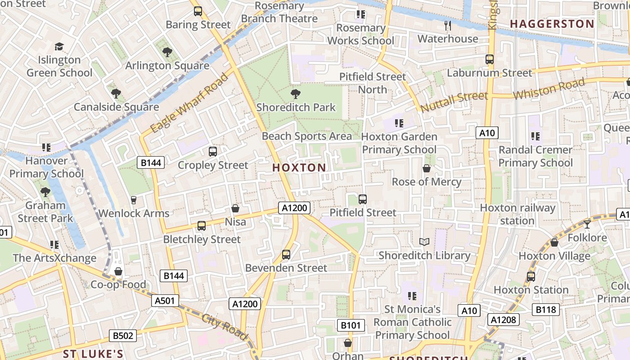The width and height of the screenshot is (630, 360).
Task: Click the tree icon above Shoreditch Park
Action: pyautogui.click(x=296, y=94)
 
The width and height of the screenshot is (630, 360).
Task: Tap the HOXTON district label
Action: pyautogui.click(x=299, y=168)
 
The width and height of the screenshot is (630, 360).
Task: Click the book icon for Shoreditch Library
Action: pyautogui.click(x=424, y=242)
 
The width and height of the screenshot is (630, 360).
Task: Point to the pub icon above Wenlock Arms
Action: pyautogui.click(x=133, y=200)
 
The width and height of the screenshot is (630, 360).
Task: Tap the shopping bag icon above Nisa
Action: pyautogui.click(x=235, y=208)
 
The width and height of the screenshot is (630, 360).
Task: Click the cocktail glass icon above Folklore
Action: pyautogui.click(x=587, y=224)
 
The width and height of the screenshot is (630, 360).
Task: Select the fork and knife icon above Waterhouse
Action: pyautogui.click(x=447, y=26)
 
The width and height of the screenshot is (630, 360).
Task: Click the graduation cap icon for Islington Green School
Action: pyautogui.click(x=59, y=47)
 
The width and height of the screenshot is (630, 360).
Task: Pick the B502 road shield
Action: pyautogui.click(x=122, y=336)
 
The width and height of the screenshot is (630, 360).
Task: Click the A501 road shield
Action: pyautogui.click(x=166, y=301)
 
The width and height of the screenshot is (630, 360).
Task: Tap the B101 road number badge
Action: pyautogui.click(x=351, y=325)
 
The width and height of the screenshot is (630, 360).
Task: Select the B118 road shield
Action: pyautogui.click(x=546, y=310)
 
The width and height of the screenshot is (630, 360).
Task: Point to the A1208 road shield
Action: pyautogui.click(x=504, y=319)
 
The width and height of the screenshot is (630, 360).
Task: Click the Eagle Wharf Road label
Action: pyautogui.click(x=189, y=103)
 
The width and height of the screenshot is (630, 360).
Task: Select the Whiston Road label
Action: pyautogui.click(x=549, y=89)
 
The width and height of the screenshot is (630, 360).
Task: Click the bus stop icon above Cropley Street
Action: pyautogui.click(x=213, y=152)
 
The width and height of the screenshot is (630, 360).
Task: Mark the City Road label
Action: pyautogui.click(x=225, y=327)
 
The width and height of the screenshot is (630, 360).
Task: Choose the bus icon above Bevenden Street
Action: pyautogui.click(x=286, y=255)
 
